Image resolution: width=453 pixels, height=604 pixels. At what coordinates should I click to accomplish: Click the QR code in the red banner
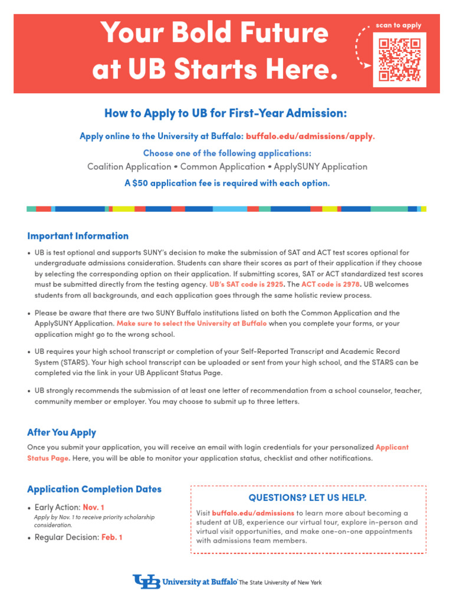coord(399,59)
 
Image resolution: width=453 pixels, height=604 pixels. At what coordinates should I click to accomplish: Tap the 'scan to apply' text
coord(399,26)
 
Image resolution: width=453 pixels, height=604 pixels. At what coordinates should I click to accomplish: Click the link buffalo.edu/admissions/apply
coord(310,136)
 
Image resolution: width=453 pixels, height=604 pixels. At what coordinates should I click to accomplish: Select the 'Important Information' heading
coord(78,236)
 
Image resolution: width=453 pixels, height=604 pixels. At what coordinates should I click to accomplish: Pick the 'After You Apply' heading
coord(61,432)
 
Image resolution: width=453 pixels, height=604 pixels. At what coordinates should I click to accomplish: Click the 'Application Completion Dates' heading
coord(94,489)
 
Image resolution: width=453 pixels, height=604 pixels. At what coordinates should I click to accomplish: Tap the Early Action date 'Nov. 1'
coord(93,507)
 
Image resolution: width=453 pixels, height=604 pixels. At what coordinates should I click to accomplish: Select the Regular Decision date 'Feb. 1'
coord(111,537)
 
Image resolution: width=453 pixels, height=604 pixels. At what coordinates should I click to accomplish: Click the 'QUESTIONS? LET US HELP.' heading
coord(307,497)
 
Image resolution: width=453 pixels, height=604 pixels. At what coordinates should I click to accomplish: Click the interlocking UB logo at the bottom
coord(147,582)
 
